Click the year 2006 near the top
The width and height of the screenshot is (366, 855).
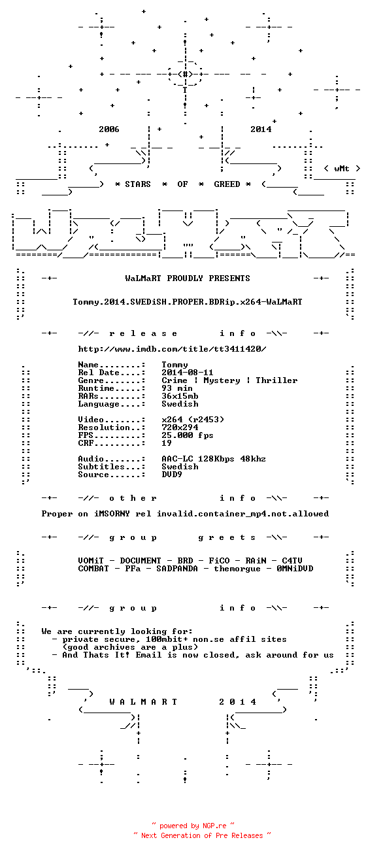point(109,129)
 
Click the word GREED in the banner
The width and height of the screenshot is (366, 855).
point(227,184)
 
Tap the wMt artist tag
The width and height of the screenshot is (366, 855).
point(342,169)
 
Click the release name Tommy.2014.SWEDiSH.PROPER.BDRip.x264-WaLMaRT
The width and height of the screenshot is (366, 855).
point(188,302)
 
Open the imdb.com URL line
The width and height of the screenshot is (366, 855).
point(172,349)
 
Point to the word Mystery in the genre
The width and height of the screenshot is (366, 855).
point(222,380)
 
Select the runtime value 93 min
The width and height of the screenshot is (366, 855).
point(177,388)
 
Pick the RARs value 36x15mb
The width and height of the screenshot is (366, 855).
point(180,396)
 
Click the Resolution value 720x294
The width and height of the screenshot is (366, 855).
point(180,427)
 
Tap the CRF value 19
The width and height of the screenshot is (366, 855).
point(167,443)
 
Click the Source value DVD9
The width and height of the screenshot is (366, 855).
point(172,475)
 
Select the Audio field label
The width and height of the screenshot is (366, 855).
point(91,459)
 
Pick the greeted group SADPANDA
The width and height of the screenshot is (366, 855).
point(177,569)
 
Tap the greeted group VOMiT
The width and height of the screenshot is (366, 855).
point(91,561)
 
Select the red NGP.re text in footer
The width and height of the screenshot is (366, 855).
point(214,826)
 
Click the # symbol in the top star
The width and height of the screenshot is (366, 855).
point(185,74)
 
